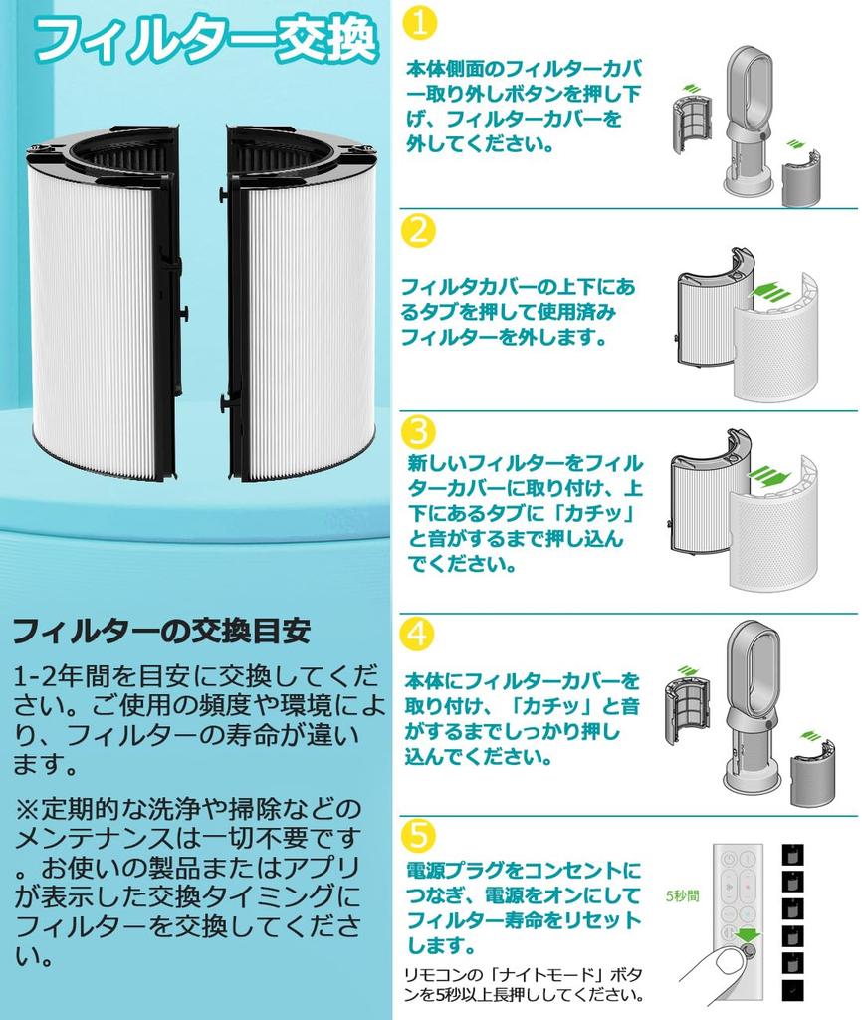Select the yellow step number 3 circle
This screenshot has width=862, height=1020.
click(x=419, y=432)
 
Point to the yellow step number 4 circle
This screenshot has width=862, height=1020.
click(x=418, y=634)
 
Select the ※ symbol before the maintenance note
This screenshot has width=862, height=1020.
click(x=27, y=807)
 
